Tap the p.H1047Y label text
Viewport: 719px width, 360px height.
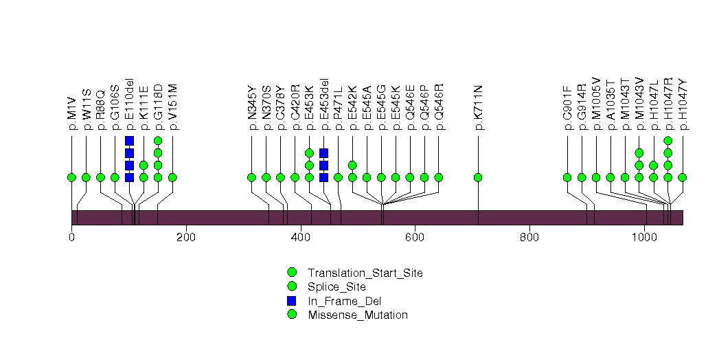click(682, 104)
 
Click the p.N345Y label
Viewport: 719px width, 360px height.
click(251, 108)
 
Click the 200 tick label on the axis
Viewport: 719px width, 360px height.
click(186, 238)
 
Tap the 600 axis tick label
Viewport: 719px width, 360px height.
click(415, 238)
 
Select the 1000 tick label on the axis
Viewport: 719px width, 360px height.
click(644, 238)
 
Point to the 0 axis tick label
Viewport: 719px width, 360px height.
click(71, 238)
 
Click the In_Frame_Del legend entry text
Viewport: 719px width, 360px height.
click(344, 301)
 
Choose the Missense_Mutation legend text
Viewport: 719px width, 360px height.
click(358, 315)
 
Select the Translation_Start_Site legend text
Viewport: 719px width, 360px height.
click(365, 273)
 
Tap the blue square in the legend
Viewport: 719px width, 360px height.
click(292, 301)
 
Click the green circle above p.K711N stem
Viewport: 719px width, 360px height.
click(478, 177)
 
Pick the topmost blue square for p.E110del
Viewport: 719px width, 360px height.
click(129, 141)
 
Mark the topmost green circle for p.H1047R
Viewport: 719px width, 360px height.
click(667, 141)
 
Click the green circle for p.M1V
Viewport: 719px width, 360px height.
click(71, 177)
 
